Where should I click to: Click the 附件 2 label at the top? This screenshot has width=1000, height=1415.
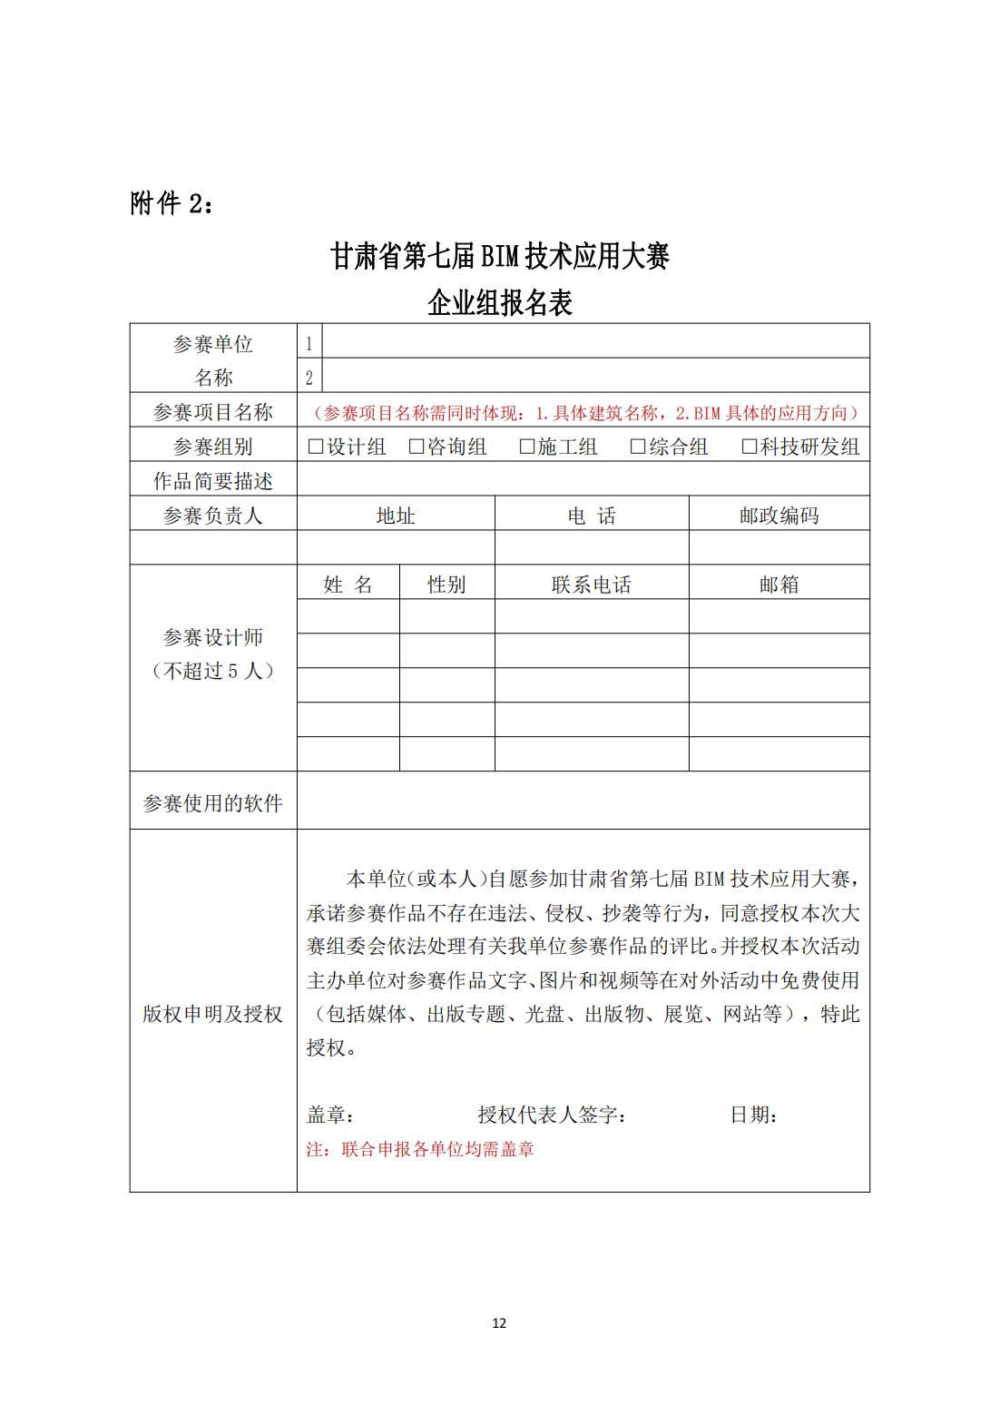172,204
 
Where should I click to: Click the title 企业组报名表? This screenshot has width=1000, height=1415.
500,302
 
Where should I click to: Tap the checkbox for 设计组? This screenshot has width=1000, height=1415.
316,447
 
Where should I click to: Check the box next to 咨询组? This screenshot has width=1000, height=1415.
417,447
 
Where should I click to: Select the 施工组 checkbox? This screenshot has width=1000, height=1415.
527,447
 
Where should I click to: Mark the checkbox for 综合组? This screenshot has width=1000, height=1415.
638,447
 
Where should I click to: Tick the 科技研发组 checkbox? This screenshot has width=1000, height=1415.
750,447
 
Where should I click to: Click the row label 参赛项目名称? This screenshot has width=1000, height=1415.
212,412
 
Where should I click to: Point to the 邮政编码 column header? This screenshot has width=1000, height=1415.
779,516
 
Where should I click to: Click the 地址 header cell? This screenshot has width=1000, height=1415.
396,516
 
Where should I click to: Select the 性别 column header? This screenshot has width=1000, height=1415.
446,585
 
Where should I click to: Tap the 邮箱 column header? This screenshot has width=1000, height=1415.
779,585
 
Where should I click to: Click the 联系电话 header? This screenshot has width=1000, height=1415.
591,585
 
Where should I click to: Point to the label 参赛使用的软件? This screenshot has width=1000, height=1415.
212,803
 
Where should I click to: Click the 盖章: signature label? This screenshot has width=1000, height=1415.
330,1115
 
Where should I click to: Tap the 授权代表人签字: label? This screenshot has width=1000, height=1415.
552,1115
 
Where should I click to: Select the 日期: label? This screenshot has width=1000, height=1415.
754,1115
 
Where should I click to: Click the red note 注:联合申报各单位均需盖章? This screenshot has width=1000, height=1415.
420,1149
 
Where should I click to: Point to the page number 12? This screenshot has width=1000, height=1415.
499,1322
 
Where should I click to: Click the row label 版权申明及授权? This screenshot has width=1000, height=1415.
212,1014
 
